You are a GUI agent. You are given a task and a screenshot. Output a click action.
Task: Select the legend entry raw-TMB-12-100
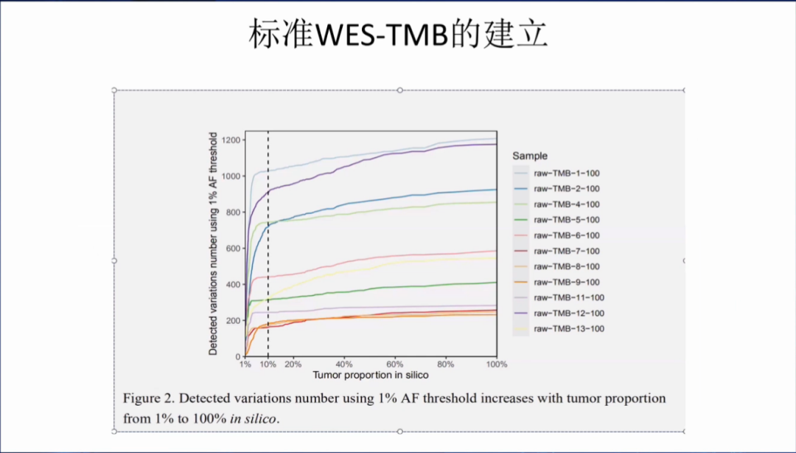568,313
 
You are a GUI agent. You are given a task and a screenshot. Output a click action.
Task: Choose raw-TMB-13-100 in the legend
568,328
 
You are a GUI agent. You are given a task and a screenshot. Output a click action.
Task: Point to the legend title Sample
530,156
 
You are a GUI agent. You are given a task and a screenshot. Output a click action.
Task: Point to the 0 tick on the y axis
238,356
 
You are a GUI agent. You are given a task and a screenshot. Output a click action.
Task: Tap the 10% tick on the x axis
268,364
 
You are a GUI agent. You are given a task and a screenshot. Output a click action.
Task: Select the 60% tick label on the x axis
394,364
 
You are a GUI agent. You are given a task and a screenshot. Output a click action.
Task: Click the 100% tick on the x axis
496,364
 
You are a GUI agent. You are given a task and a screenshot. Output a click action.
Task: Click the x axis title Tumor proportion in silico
370,376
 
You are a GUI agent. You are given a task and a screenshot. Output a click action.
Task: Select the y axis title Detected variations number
213,243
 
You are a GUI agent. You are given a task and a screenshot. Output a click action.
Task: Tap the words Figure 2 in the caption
148,398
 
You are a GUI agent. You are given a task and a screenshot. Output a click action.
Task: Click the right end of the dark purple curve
495,145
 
